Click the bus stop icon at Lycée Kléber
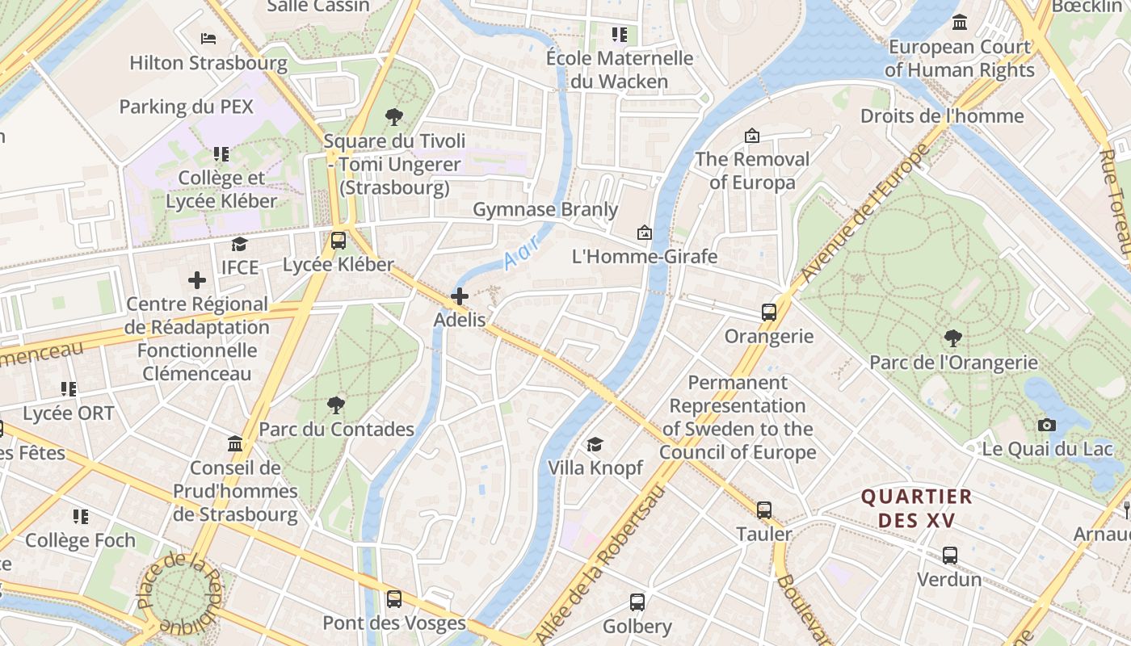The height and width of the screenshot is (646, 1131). click(x=338, y=241)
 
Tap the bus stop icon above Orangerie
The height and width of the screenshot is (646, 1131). click(x=769, y=313)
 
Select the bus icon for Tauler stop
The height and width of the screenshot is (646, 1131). click(x=764, y=510)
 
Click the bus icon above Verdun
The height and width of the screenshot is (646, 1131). click(x=950, y=556)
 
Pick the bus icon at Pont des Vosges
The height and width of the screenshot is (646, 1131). click(x=394, y=599)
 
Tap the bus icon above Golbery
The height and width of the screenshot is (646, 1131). click(x=637, y=602)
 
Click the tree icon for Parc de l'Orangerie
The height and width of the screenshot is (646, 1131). click(x=953, y=338)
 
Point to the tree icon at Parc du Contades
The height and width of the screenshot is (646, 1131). click(x=336, y=405)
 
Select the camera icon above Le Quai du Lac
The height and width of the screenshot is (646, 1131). click(x=1047, y=425)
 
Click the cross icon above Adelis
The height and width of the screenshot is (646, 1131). click(x=460, y=296)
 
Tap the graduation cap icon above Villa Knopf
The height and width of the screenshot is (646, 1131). click(x=595, y=444)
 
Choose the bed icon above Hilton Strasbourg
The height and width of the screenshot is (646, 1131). click(x=208, y=38)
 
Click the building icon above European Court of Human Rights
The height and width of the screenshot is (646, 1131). click(x=960, y=23)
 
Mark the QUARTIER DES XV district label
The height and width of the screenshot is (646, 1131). click(x=917, y=508)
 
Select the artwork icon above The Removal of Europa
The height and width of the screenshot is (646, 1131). click(x=752, y=136)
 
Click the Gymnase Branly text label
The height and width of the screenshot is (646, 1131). click(x=545, y=210)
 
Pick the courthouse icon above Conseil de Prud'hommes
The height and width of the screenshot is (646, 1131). click(x=235, y=444)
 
